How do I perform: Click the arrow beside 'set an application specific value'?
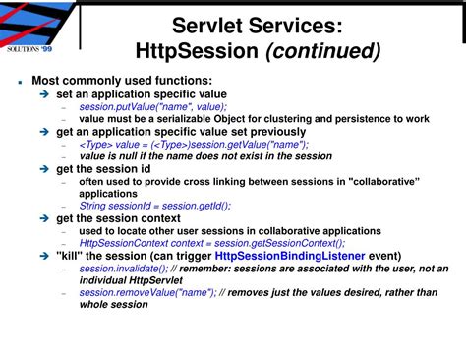(x=45, y=93)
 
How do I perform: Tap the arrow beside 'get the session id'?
(x=45, y=168)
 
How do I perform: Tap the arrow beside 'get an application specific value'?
(x=45, y=131)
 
